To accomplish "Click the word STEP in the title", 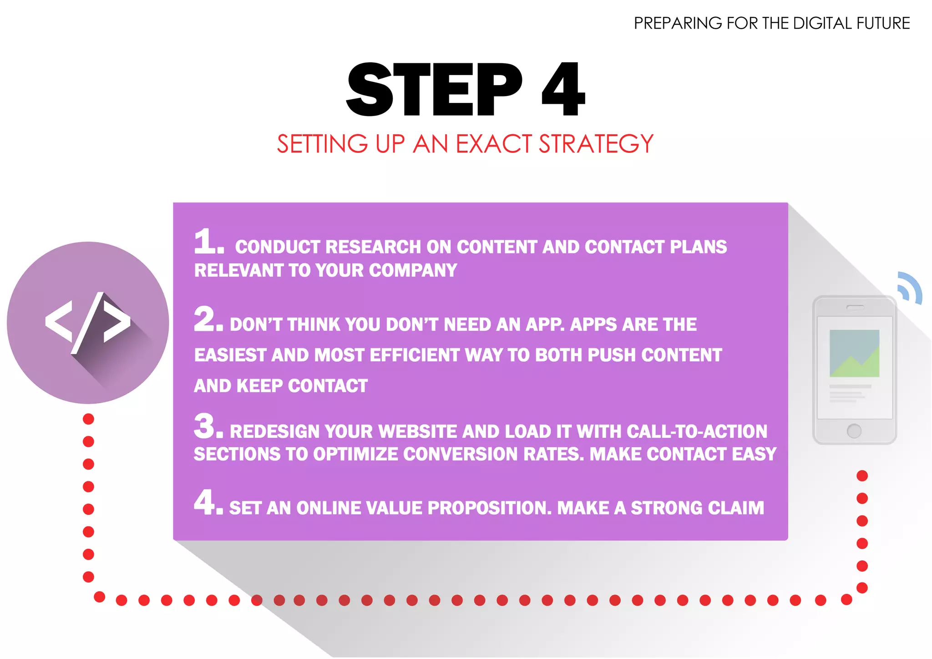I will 434,90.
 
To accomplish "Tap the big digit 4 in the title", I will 563,90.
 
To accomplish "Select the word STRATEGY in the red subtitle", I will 596,144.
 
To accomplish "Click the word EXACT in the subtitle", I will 493,144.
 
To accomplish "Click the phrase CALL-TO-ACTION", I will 697,432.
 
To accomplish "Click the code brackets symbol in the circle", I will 88,323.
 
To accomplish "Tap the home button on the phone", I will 854,431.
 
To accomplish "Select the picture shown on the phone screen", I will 854,353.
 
